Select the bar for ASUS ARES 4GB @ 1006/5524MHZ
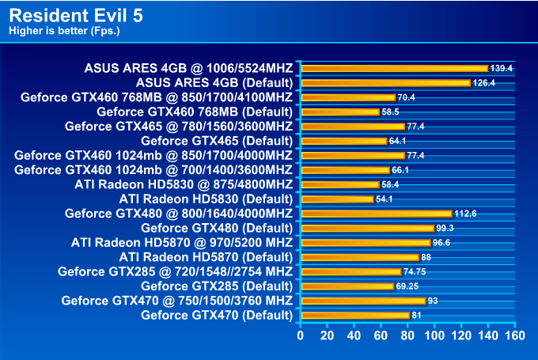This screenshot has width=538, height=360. [394, 68]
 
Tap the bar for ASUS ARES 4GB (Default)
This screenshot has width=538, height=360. [385, 82]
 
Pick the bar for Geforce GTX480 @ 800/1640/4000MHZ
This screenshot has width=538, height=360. [376, 213]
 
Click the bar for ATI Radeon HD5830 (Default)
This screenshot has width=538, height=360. [337, 199]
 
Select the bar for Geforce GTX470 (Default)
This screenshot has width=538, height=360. [354, 315]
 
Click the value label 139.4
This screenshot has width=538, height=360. [502, 69]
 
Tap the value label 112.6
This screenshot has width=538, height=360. [465, 214]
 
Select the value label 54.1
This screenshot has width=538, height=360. [385, 199]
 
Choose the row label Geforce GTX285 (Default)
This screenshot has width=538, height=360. [216, 286]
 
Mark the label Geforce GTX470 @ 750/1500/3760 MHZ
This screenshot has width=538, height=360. [176, 300]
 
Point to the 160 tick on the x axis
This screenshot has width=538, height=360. [515, 335]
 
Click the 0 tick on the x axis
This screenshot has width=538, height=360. [301, 335]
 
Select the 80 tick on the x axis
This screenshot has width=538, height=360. [407, 335]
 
